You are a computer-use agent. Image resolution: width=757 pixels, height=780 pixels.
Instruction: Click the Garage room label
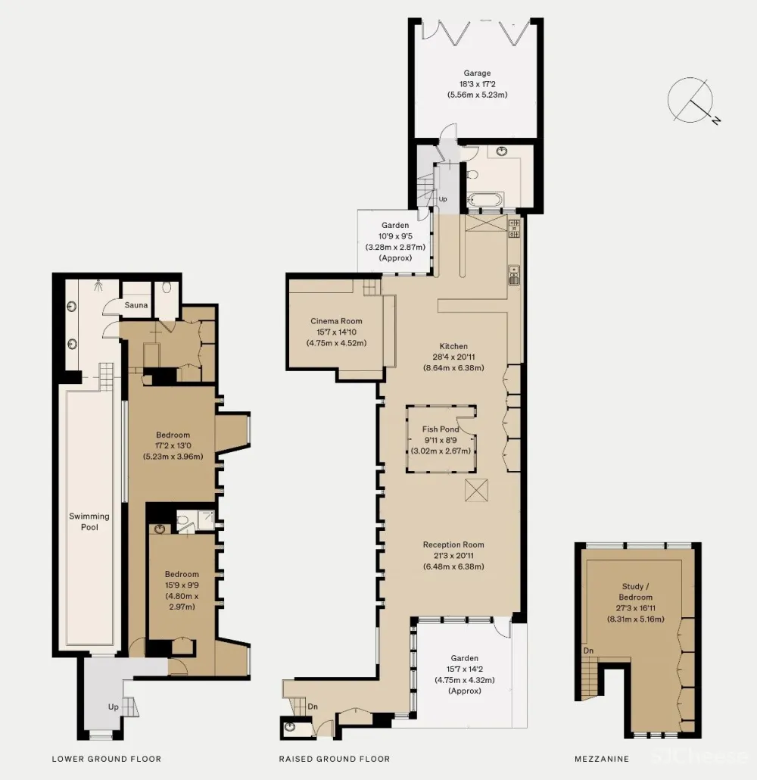(x=477, y=73)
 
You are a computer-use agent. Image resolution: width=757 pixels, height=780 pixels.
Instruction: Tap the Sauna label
(x=136, y=305)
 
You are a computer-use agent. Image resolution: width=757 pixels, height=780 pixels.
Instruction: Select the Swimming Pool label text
(x=89, y=521)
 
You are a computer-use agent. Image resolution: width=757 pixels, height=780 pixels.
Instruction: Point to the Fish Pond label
(x=441, y=429)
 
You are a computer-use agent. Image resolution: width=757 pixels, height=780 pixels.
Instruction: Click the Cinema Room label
(x=336, y=321)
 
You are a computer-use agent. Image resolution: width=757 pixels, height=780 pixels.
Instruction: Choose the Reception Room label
(x=453, y=544)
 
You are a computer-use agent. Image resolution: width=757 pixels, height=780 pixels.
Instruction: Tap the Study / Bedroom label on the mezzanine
(x=635, y=591)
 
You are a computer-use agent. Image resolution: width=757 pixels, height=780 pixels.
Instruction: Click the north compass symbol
(x=693, y=101)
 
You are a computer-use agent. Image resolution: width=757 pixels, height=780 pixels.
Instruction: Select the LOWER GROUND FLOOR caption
(x=107, y=759)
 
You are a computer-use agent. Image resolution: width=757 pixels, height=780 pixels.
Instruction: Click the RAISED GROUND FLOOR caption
(x=335, y=759)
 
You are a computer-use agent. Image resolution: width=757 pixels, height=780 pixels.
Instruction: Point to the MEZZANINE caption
(x=602, y=759)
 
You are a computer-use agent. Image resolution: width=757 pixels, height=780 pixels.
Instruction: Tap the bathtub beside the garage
(x=485, y=201)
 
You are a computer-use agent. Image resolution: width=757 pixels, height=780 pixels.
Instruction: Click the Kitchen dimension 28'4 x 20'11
(x=453, y=357)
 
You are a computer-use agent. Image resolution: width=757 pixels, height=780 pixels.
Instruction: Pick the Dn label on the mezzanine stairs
(x=588, y=651)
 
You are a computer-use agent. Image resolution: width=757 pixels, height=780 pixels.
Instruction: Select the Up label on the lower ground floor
(x=114, y=707)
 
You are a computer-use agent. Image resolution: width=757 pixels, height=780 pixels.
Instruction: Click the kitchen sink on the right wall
(x=514, y=275)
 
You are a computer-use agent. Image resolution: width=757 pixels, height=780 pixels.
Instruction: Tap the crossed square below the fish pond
(x=476, y=490)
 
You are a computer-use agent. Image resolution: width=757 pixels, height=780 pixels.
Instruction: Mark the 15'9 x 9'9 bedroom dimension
(x=182, y=585)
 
